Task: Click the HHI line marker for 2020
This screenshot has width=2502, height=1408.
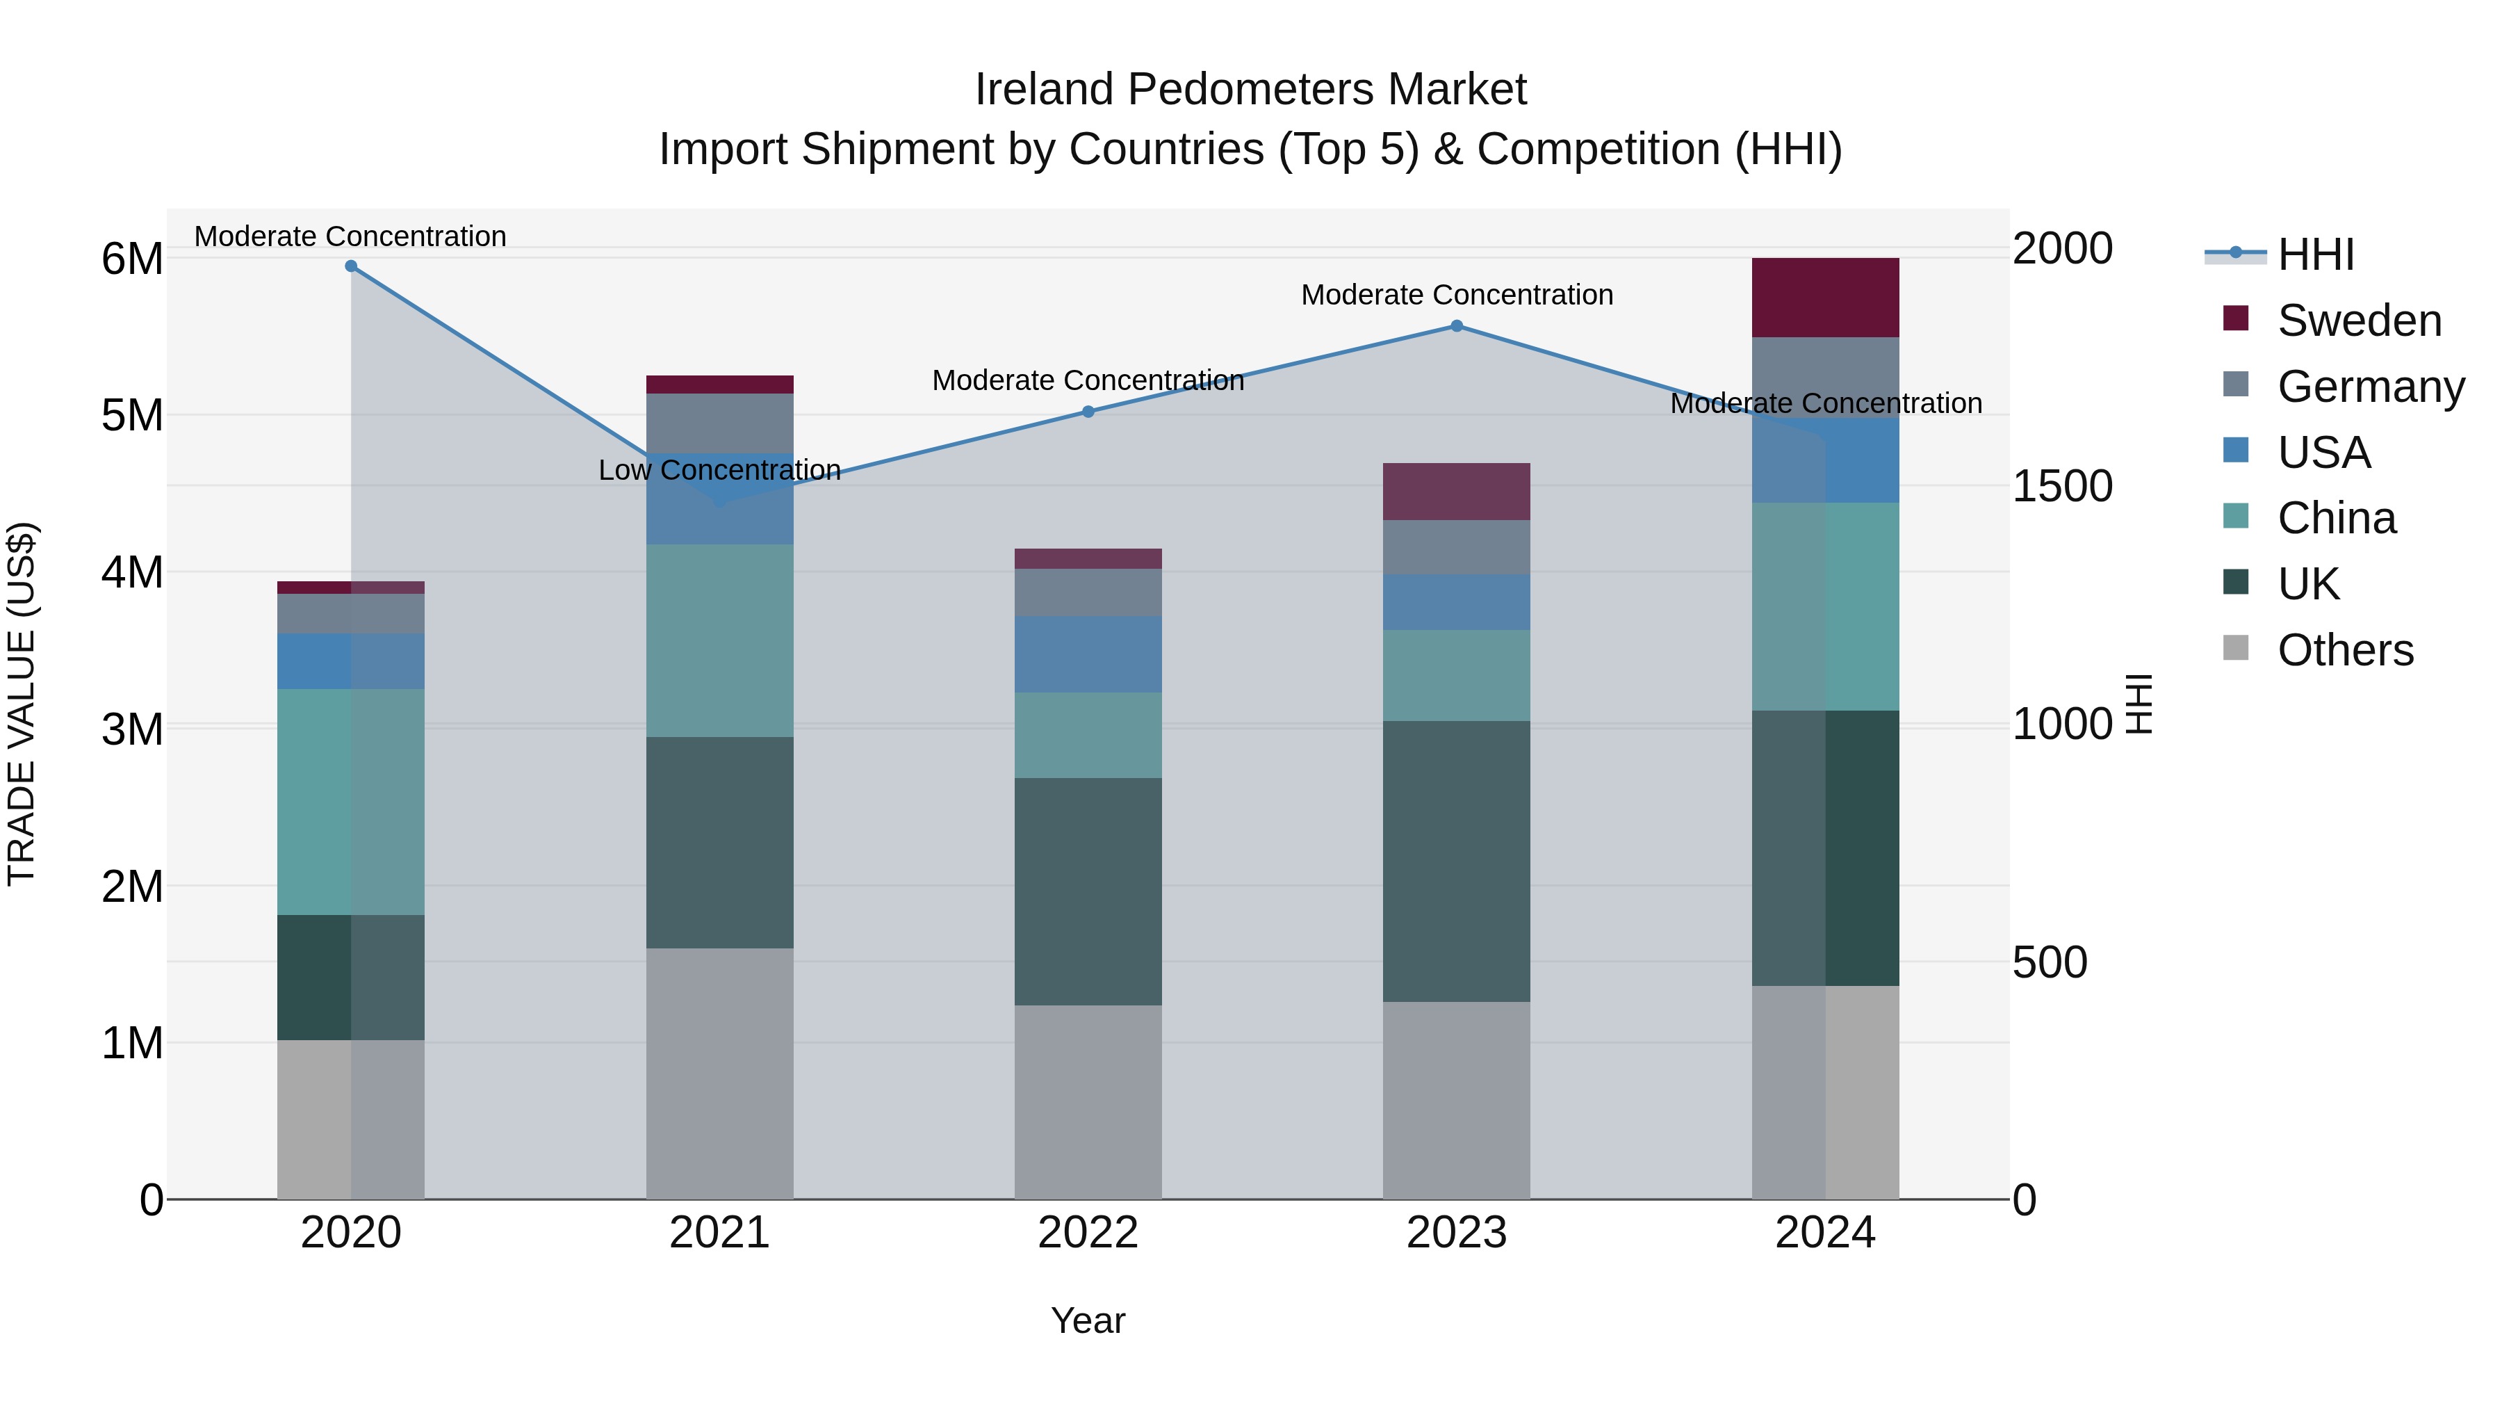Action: [x=351, y=266]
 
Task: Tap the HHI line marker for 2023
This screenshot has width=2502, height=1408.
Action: [x=1456, y=327]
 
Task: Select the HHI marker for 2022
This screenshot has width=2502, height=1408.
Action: [x=1088, y=412]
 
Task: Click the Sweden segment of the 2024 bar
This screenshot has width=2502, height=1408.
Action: [x=1825, y=298]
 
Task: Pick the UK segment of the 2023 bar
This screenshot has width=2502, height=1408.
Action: [x=1456, y=861]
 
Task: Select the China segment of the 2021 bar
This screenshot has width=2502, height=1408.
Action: [x=720, y=640]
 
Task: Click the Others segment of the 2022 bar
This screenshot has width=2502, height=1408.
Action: [x=1088, y=1102]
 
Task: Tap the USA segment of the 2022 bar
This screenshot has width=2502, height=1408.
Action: [x=1088, y=654]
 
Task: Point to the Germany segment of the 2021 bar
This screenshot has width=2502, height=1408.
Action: [x=720, y=423]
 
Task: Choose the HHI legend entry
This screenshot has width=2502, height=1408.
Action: [x=2316, y=254]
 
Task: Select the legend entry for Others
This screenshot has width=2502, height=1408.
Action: [x=2345, y=650]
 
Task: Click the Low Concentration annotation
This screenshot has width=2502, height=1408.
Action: [x=720, y=470]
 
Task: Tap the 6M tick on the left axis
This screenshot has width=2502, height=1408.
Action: [x=132, y=259]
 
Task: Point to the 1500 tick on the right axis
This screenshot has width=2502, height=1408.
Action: [x=2061, y=486]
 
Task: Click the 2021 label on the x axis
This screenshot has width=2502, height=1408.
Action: [x=720, y=1233]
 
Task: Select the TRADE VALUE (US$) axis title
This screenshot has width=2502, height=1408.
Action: [x=22, y=704]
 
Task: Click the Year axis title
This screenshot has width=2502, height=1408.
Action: [x=1088, y=1320]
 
